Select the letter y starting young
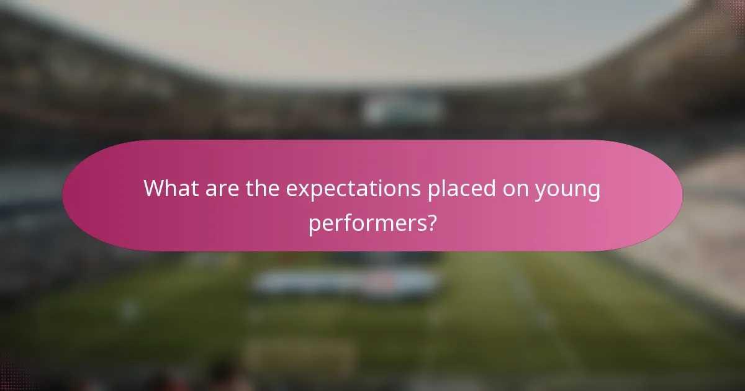541,192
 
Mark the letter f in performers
347,222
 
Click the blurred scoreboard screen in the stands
403,109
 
